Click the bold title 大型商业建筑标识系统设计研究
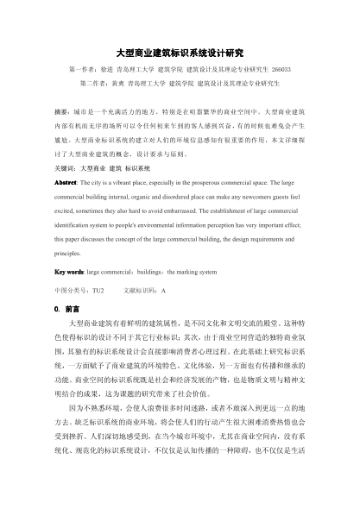[x=180, y=52]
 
